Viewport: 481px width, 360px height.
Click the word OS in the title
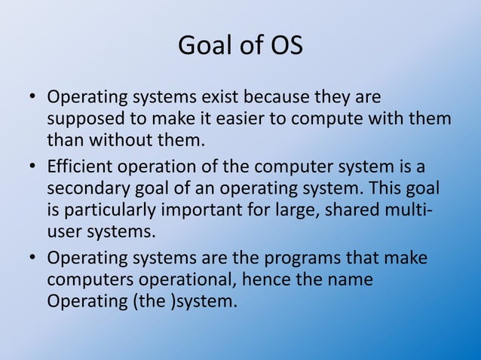(x=286, y=47)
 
